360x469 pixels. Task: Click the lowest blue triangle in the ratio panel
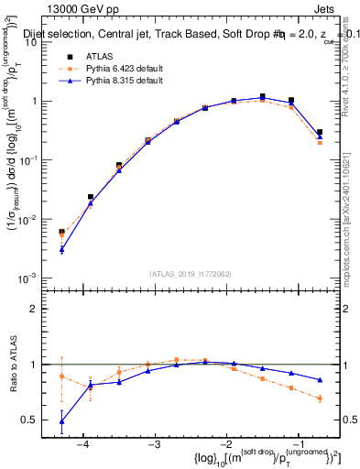click(61, 422)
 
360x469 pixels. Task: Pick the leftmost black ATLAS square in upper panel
click(61, 233)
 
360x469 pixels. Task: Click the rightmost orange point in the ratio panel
click(320, 398)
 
